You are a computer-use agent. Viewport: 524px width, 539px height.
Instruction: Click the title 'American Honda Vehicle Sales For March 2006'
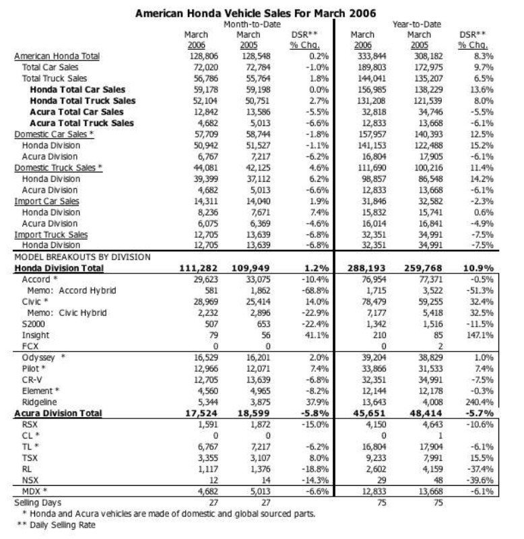255,13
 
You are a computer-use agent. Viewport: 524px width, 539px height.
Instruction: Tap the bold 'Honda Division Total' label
59,267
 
